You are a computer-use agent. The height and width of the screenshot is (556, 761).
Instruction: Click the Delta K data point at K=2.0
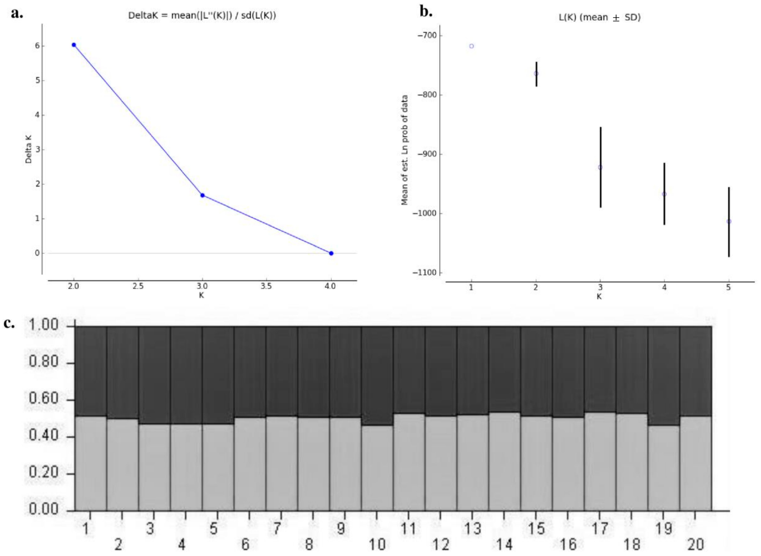tap(74, 45)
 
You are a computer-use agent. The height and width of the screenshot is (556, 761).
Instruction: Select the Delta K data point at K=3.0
tap(202, 195)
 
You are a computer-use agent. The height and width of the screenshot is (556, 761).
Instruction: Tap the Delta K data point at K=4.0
tap(331, 253)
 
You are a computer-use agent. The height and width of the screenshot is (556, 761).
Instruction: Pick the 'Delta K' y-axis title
tap(29, 149)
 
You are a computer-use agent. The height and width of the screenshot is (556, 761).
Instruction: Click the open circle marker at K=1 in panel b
tap(471, 46)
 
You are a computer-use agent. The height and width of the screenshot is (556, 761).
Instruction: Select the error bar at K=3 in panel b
tap(601, 167)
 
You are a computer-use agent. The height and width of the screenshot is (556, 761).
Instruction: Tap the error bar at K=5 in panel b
tap(729, 222)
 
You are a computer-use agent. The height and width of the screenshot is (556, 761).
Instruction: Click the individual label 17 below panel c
tap(600, 529)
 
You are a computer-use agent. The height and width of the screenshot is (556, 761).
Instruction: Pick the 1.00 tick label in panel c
tap(44, 325)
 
